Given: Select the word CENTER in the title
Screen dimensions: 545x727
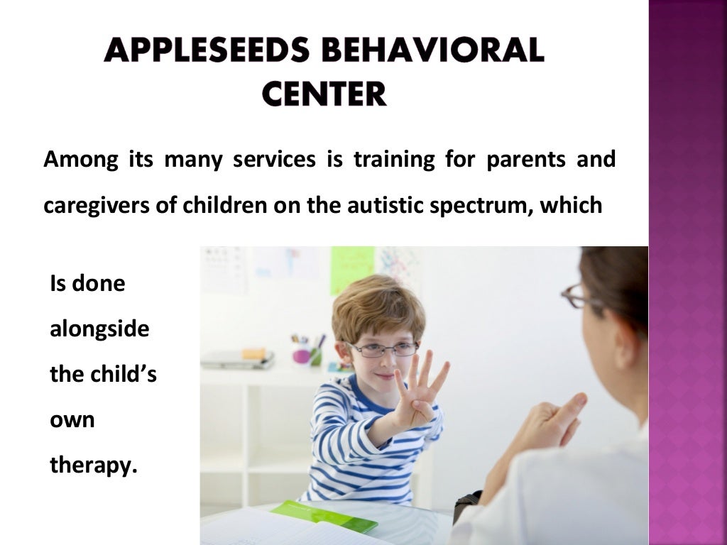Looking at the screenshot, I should pyautogui.click(x=324, y=93).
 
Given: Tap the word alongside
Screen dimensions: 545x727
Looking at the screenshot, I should pyautogui.click(x=99, y=329).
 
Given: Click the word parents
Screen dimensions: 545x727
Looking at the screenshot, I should pyautogui.click(x=526, y=160).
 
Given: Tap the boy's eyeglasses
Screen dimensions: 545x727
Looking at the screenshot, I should pyautogui.click(x=383, y=349).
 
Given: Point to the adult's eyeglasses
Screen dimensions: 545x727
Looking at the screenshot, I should pyautogui.click(x=579, y=297).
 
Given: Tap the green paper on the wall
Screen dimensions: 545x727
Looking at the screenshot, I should pyautogui.click(x=351, y=269).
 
